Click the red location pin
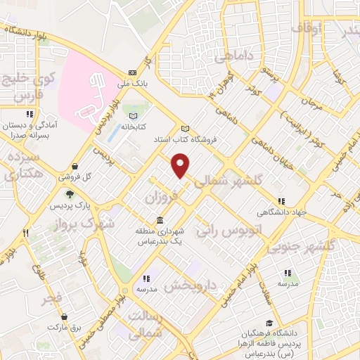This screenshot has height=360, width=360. (181, 165)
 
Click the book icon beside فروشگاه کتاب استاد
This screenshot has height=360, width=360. (186, 129)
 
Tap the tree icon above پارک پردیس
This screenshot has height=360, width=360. (70, 194)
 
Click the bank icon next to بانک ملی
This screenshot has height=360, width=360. (132, 72)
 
